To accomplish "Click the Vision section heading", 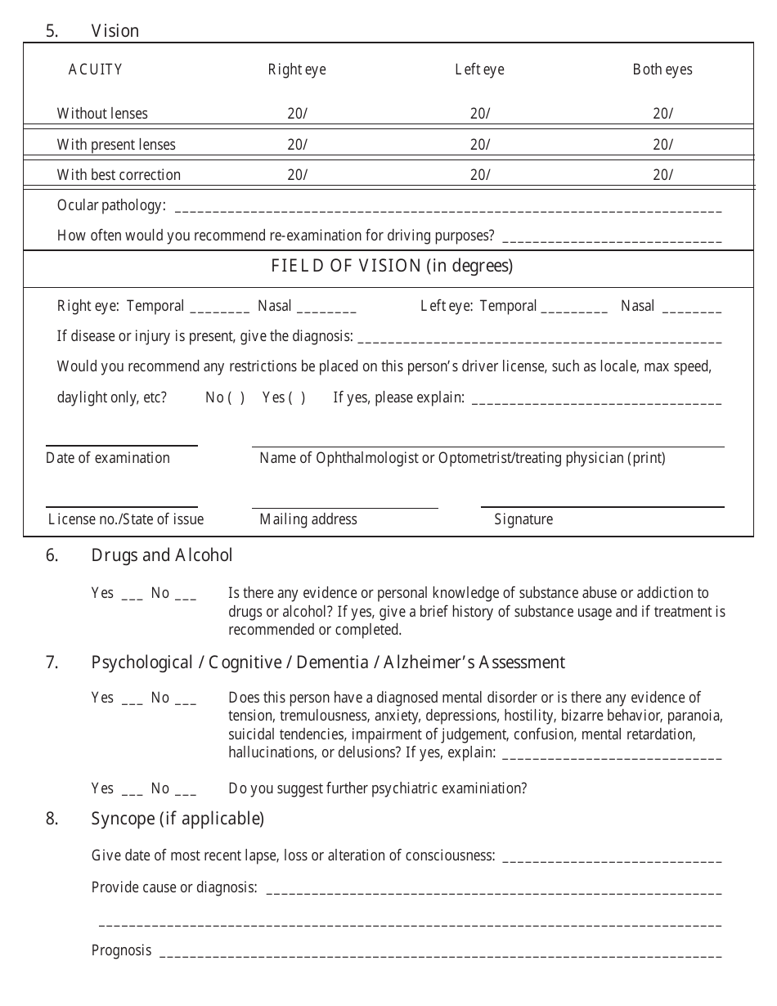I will point(115,31).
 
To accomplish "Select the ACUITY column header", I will point(96,70).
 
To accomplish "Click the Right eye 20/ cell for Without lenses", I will point(297,114).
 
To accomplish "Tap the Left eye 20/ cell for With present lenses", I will point(480,145).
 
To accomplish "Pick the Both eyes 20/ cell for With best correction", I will point(662,175).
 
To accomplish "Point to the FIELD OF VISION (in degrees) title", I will point(392,266).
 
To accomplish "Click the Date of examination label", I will point(108,458).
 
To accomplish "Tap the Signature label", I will point(523,519).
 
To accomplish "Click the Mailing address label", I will point(308,519).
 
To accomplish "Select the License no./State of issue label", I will point(126,519).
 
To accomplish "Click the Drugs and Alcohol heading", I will point(162,555).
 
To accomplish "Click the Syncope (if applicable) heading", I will point(177,819).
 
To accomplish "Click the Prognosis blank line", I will point(440,953).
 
